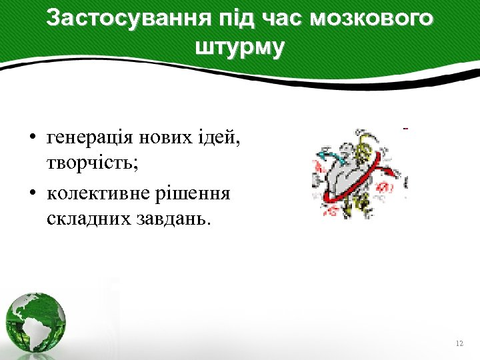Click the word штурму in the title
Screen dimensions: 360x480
[239, 47]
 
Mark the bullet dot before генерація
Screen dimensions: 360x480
[31, 139]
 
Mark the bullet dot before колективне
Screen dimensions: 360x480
[31, 194]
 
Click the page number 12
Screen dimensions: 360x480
[459, 343]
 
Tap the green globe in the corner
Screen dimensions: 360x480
[36, 322]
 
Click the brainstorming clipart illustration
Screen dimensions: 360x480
[359, 175]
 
